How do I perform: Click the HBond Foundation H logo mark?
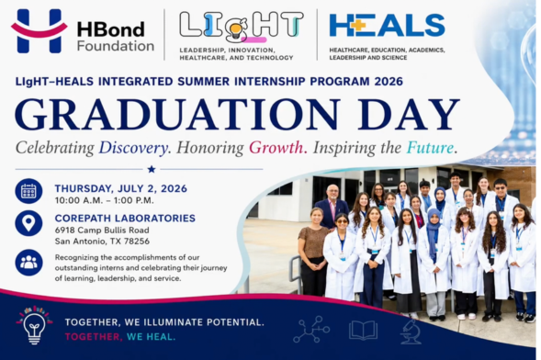tap(39, 31)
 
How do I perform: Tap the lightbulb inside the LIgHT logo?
tap(236, 29)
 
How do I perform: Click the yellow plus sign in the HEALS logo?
tap(359, 26)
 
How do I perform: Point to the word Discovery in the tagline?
tap(134, 148)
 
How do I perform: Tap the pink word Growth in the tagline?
tap(277, 148)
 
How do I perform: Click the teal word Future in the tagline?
tap(431, 148)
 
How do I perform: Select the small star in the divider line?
tap(152, 169)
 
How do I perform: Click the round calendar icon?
tap(28, 191)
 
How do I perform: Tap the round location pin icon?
tap(28, 223)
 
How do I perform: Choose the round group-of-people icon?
tap(28, 263)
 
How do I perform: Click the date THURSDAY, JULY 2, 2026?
tap(120, 188)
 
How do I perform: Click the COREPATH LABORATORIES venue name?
tap(125, 219)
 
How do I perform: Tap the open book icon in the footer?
tap(363, 330)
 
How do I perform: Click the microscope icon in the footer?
tap(411, 332)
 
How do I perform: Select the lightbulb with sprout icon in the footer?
tap(34, 325)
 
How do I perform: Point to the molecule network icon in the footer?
tap(311, 330)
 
